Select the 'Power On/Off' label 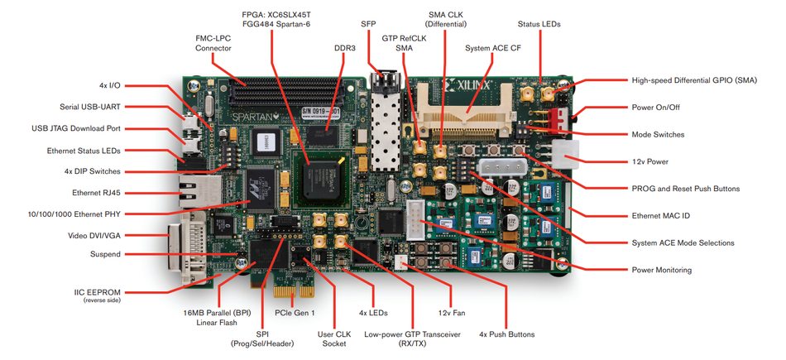(x=656, y=107)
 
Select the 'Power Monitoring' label (x=662, y=270)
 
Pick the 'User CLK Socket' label (x=334, y=340)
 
